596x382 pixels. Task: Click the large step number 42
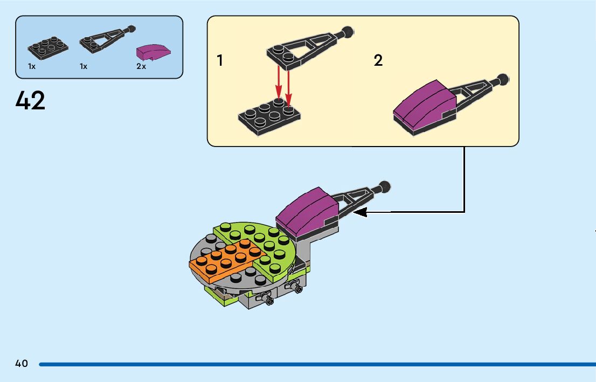click(31, 101)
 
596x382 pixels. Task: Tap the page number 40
click(22, 364)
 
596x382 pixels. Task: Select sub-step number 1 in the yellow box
click(220, 60)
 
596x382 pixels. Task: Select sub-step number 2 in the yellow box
click(378, 60)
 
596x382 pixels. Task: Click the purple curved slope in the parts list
click(153, 52)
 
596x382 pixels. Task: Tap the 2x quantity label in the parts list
click(141, 66)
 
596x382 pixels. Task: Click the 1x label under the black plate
click(32, 66)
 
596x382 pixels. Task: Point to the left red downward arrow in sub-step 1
click(279, 84)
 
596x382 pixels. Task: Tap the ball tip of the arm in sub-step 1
click(348, 31)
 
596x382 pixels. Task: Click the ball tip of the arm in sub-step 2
click(503, 79)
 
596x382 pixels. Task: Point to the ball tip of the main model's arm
click(384, 186)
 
